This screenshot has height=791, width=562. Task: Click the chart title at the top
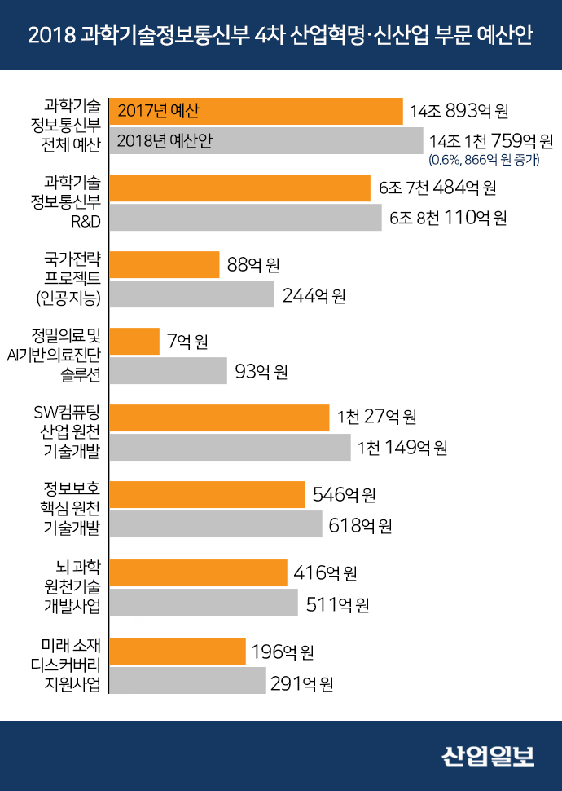tap(280, 36)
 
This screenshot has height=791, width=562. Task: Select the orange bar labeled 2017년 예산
tap(256, 111)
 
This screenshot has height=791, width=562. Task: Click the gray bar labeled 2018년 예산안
tap(266, 141)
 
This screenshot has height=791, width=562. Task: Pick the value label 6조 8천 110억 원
tap(448, 218)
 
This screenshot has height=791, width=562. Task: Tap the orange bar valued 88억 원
tap(165, 265)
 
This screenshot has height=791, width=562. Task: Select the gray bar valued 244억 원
tap(191, 294)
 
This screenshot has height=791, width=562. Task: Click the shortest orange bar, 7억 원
tap(134, 342)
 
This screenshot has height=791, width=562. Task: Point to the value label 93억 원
tap(261, 372)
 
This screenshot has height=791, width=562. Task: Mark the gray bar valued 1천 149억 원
tap(230, 448)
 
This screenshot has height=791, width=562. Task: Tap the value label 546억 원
tap(344, 494)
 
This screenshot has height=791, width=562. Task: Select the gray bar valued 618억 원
tap(216, 524)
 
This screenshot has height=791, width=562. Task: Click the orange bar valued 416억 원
tap(198, 573)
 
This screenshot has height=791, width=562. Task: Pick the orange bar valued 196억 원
tap(178, 652)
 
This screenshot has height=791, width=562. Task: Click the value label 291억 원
tap(301, 683)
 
